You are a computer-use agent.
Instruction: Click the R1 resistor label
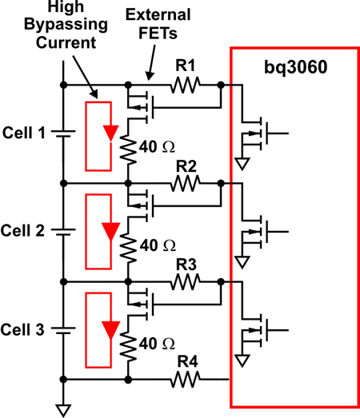186,66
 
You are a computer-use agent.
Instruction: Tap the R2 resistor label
186,166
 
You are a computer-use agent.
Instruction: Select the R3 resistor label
186,265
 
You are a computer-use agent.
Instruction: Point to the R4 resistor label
188,362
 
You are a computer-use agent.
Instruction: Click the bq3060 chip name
295,68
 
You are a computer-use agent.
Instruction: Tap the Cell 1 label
24,133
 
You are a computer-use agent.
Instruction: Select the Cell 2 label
22,231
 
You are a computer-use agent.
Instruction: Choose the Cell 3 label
22,329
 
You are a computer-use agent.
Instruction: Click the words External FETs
158,24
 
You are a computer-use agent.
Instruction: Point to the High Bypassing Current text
66,25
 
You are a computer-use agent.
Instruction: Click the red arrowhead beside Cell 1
110,133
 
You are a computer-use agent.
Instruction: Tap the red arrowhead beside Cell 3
110,330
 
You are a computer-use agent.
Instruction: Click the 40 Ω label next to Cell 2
158,245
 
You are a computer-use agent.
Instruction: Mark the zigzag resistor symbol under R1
185,85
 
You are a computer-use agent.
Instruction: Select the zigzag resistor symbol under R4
185,380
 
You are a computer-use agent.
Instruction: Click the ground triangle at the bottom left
63,411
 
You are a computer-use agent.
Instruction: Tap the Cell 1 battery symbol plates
63,133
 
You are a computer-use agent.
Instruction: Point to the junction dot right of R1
221,85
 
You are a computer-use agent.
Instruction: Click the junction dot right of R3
221,281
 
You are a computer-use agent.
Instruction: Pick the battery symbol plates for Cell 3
63,331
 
